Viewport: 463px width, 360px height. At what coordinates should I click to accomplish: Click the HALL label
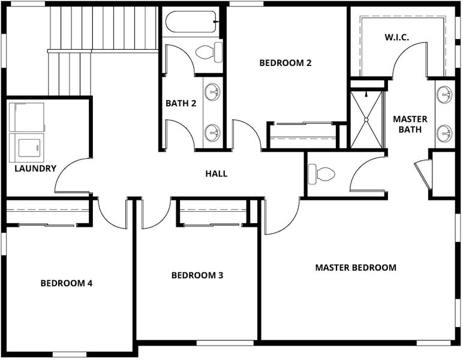pyautogui.click(x=217, y=173)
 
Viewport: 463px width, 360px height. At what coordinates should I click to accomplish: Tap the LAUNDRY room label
pyautogui.click(x=35, y=169)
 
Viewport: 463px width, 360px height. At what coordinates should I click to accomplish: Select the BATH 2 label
pyautogui.click(x=181, y=103)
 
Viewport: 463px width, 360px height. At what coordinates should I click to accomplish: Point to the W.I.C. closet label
pyautogui.click(x=397, y=38)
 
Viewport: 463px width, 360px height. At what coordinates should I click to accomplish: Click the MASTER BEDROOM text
pyautogui.click(x=356, y=268)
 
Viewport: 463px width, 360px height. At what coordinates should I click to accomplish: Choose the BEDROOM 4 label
pyautogui.click(x=67, y=283)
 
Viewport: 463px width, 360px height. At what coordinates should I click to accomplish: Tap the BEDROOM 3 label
pyautogui.click(x=197, y=275)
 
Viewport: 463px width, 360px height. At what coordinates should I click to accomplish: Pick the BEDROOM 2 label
pyautogui.click(x=285, y=63)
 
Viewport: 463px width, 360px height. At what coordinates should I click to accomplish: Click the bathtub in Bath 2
pyautogui.click(x=192, y=22)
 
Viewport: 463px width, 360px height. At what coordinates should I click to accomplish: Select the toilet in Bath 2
pyautogui.click(x=209, y=52)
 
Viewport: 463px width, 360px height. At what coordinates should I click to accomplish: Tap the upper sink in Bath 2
pyautogui.click(x=212, y=92)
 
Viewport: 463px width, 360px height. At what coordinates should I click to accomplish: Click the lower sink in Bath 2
pyautogui.click(x=212, y=133)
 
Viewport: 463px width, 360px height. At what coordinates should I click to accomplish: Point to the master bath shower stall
pyautogui.click(x=366, y=119)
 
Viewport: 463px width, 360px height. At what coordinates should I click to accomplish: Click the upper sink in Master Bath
pyautogui.click(x=444, y=95)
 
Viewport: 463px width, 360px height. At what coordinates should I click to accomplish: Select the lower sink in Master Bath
pyautogui.click(x=444, y=133)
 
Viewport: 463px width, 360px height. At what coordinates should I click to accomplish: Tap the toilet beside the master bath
pyautogui.click(x=321, y=174)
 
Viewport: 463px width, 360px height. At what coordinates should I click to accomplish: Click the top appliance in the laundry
pyautogui.click(x=27, y=117)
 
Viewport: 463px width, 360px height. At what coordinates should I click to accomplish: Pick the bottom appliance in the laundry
pyautogui.click(x=27, y=148)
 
